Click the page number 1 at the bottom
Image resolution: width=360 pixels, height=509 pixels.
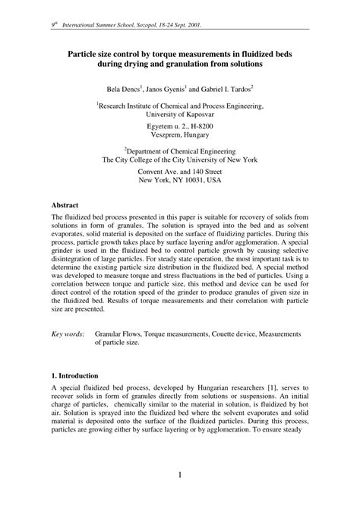point(180,476)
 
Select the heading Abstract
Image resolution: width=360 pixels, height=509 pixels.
point(68,205)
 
